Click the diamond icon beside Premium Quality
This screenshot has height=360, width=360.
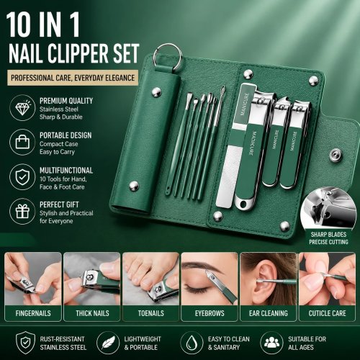22,108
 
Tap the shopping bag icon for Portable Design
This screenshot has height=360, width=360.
22,142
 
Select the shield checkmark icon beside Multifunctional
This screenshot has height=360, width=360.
22,176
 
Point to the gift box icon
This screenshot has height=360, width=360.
22,212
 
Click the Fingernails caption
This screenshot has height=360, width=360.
33,313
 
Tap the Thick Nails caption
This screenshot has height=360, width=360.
92,313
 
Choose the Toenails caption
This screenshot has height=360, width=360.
151,313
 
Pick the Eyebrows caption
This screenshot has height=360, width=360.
210,313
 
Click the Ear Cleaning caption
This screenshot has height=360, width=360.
269,313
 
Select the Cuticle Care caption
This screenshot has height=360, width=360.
327,313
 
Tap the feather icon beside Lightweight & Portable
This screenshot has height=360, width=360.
108,343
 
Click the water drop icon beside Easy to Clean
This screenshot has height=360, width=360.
192,343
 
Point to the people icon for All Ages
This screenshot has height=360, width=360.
271,343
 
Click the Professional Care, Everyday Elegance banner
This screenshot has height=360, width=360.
73,78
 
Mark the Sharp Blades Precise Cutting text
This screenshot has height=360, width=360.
328,238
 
